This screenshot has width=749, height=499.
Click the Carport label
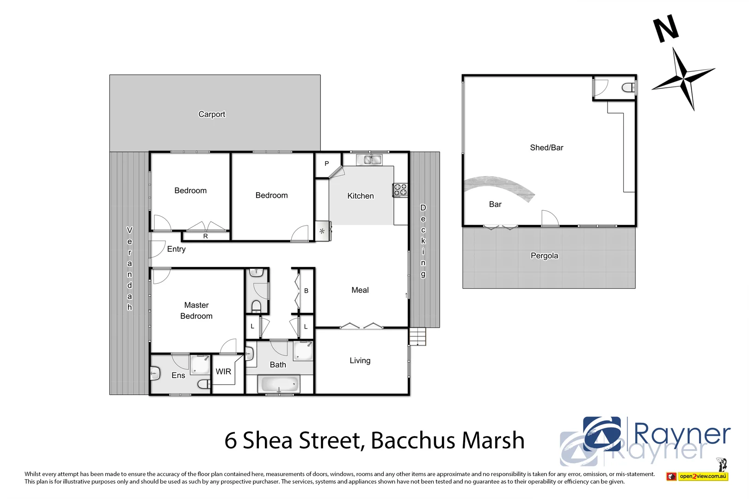[x=212, y=114]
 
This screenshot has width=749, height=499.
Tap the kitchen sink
[x=369, y=160]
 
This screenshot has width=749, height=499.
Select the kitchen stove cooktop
[x=400, y=190]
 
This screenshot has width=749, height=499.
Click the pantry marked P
[x=327, y=164]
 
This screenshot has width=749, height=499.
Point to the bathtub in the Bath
[x=280, y=384]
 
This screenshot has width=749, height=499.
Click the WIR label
[x=223, y=371]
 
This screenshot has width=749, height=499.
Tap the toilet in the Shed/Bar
[x=629, y=87]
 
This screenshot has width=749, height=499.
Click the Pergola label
[x=544, y=256]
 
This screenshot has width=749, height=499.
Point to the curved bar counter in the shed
[x=499, y=185]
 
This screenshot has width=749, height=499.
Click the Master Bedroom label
[x=196, y=310]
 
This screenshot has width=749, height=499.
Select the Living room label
[x=360, y=360]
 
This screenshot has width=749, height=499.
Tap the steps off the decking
[x=417, y=336]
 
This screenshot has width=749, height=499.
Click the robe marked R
[x=206, y=236]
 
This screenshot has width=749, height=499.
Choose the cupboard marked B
[x=306, y=291]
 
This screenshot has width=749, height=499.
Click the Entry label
[x=176, y=249]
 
